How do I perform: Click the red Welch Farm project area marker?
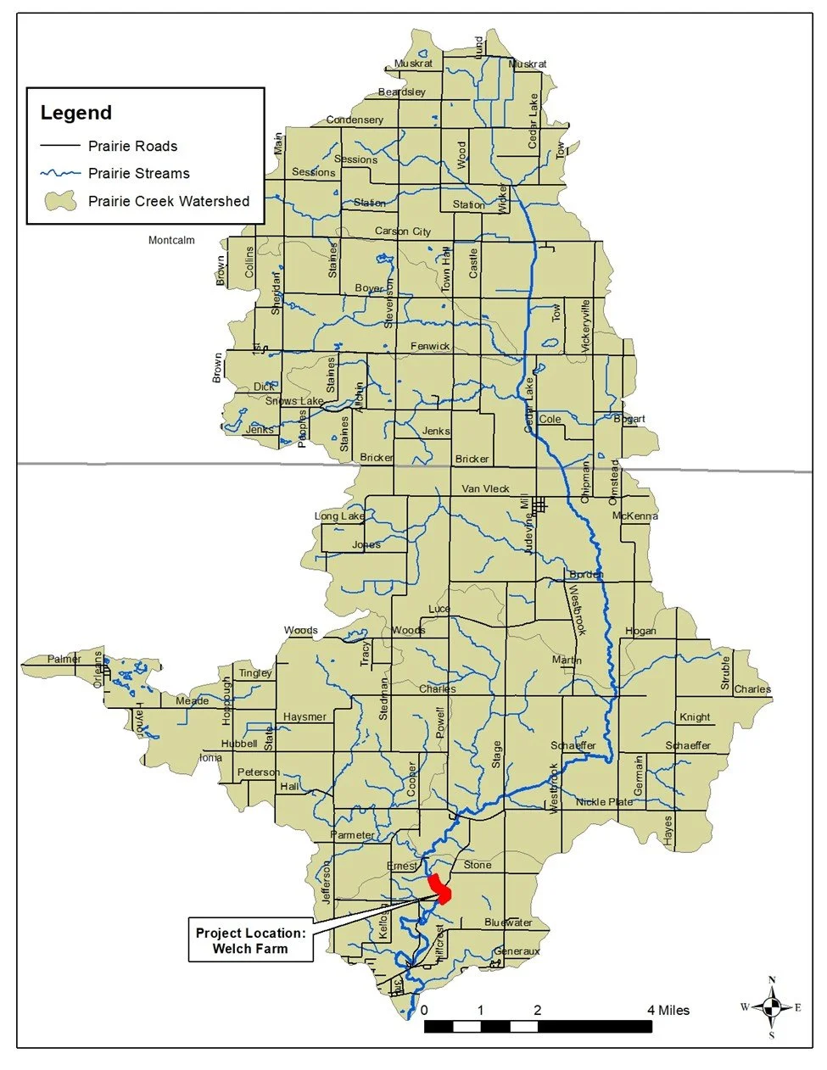(x=439, y=889)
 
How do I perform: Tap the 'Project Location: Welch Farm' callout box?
(x=250, y=940)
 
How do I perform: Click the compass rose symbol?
(x=771, y=1007)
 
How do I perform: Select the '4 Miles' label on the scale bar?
(x=668, y=1010)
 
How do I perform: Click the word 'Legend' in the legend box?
(x=76, y=113)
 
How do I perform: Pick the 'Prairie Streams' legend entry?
(x=138, y=174)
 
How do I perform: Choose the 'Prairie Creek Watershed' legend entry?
(x=168, y=202)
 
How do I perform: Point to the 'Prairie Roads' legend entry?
(x=132, y=147)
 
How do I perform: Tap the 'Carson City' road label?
(x=403, y=231)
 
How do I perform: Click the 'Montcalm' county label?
(x=171, y=240)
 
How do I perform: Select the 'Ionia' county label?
(x=210, y=757)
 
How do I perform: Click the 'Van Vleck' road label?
(x=485, y=488)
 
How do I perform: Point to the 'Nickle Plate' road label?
(x=604, y=802)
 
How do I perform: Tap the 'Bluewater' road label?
(x=508, y=922)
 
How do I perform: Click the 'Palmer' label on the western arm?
(x=64, y=659)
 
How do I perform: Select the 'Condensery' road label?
(x=355, y=120)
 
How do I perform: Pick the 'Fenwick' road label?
(x=430, y=346)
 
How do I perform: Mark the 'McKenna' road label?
(x=634, y=515)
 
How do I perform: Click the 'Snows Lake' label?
(x=293, y=401)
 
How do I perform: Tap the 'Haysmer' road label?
(x=305, y=717)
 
